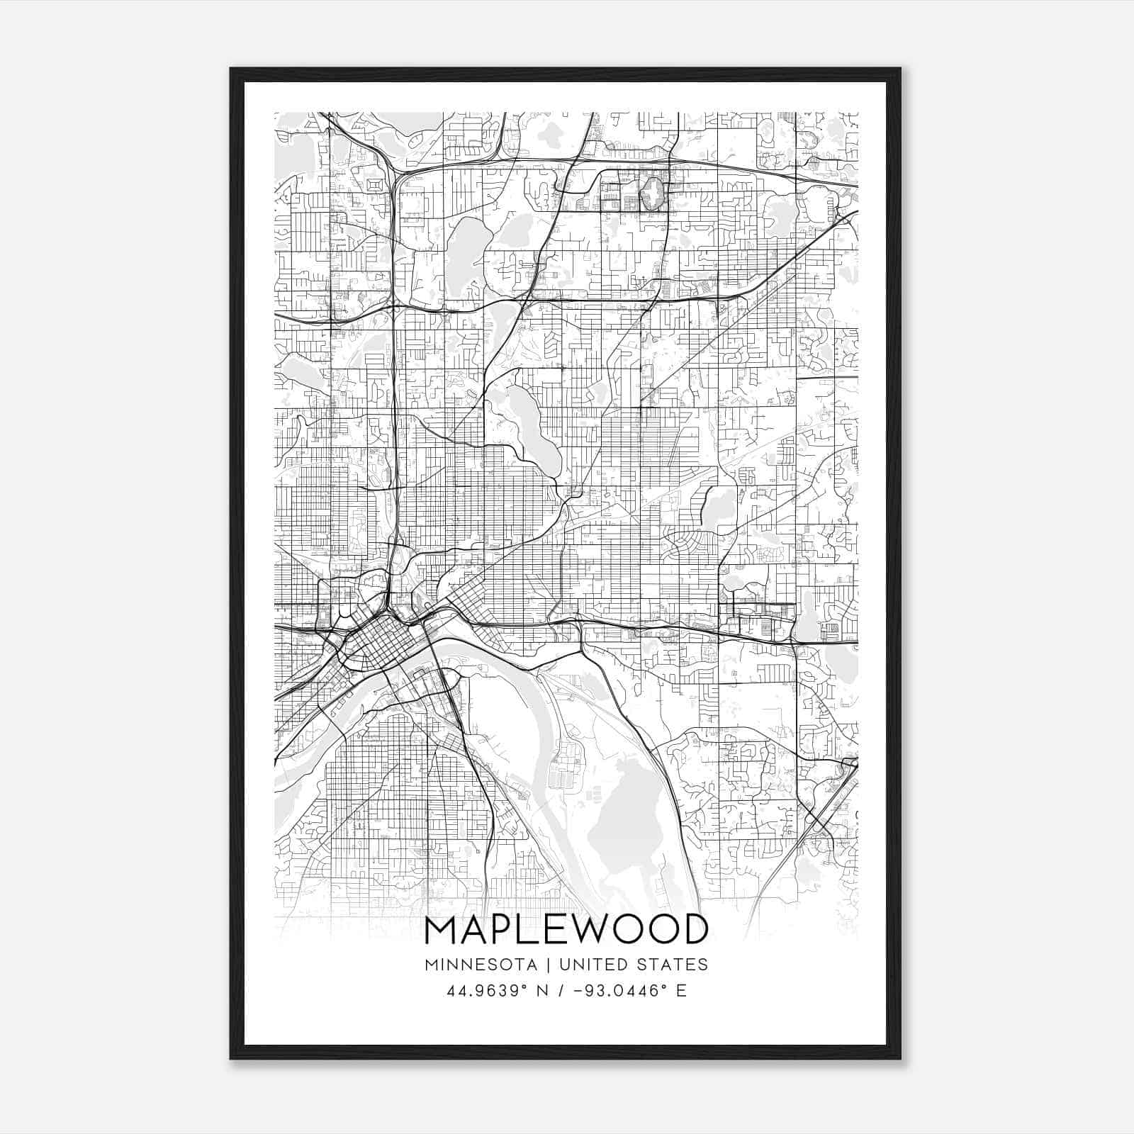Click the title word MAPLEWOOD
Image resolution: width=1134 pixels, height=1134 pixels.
pyautogui.click(x=566, y=929)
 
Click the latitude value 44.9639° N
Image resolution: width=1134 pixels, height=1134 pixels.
pyautogui.click(x=491, y=991)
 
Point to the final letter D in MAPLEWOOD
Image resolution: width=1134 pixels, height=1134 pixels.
pyautogui.click(x=694, y=929)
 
